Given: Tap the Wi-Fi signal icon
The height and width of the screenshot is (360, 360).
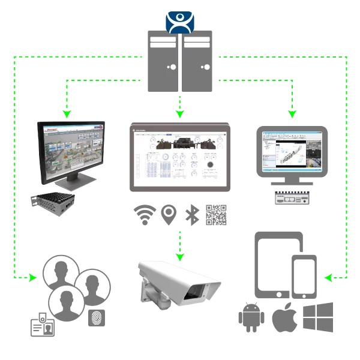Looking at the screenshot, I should click(145, 215).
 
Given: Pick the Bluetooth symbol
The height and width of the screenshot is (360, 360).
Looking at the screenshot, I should click(191, 215).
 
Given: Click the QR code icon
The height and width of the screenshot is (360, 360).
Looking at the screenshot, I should click(217, 215).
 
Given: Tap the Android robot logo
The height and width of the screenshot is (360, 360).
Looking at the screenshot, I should click(251, 319).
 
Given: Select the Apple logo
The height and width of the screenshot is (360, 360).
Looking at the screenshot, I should click(284, 319).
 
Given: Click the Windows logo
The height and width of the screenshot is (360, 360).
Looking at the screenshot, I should click(318, 318).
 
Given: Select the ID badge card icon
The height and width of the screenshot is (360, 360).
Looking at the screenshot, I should click(43, 325).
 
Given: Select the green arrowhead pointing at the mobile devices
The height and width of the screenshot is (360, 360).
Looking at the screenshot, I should click(328, 278).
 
